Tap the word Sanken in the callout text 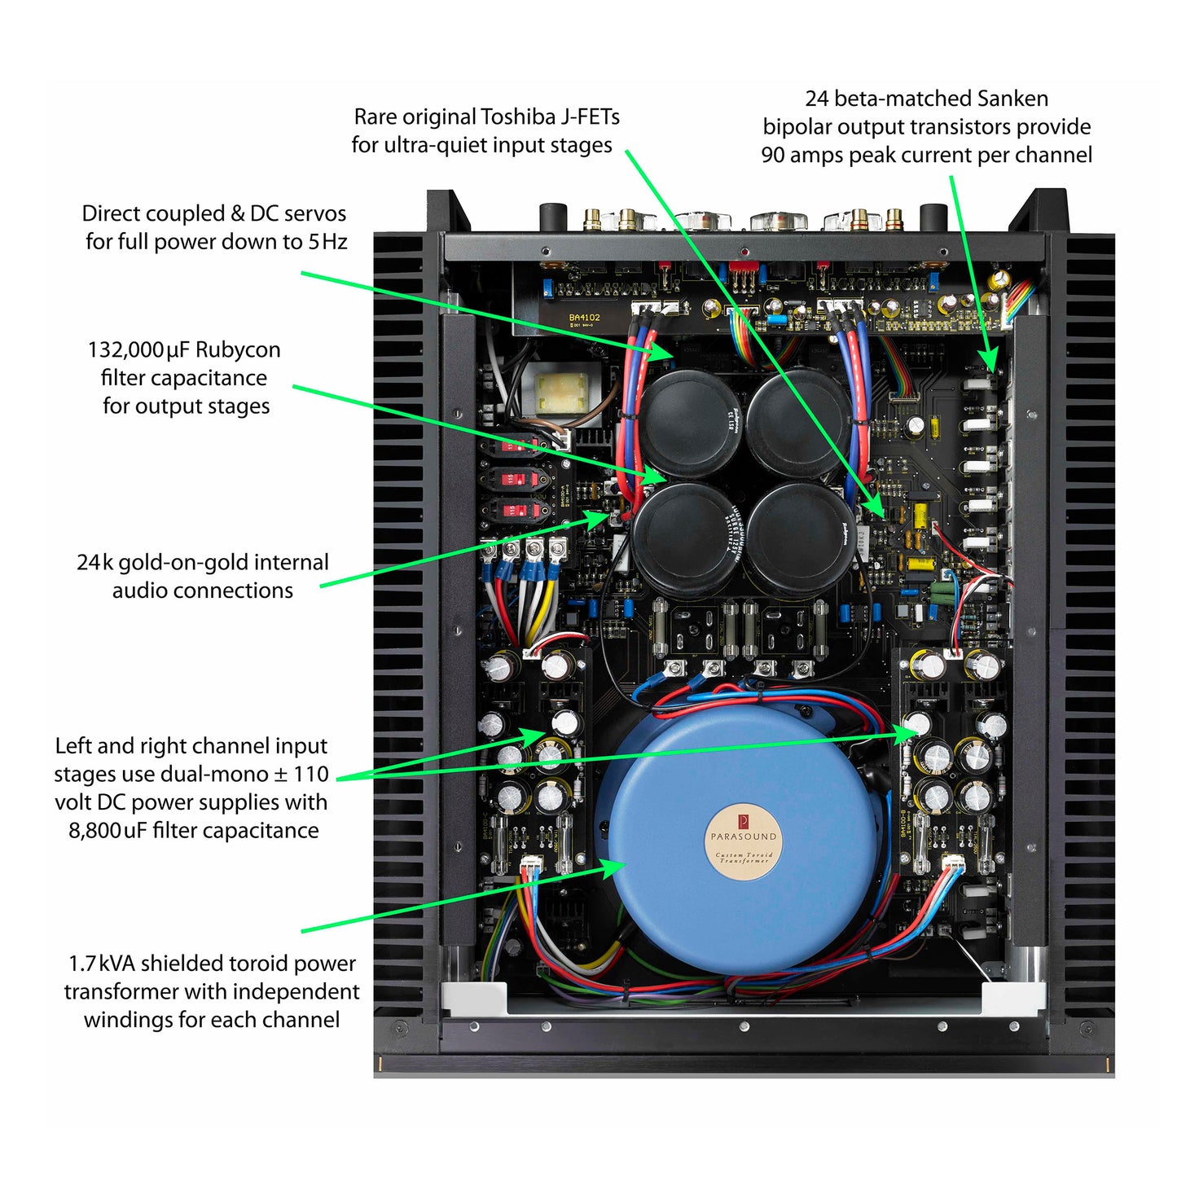point(1012,99)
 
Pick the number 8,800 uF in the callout point(108,831)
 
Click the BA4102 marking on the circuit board point(584,318)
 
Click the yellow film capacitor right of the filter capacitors point(920,516)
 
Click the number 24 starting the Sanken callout point(816,99)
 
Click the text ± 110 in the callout point(303,775)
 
